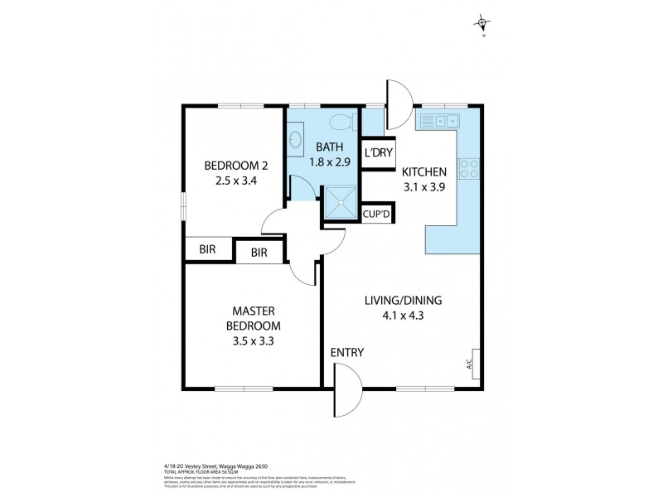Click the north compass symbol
[x=482, y=24]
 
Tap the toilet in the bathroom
[x=341, y=123]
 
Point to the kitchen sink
[x=440, y=122]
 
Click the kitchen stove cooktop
[x=468, y=168]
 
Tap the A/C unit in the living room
[x=476, y=363]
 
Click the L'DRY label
[x=378, y=152]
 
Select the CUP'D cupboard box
[x=378, y=214]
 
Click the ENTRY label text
[x=347, y=352]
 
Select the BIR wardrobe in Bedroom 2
[x=206, y=248]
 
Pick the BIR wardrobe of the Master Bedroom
[x=259, y=251]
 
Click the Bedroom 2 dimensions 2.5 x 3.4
[x=230, y=180]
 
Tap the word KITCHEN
[x=424, y=171]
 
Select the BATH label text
[x=326, y=148]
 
